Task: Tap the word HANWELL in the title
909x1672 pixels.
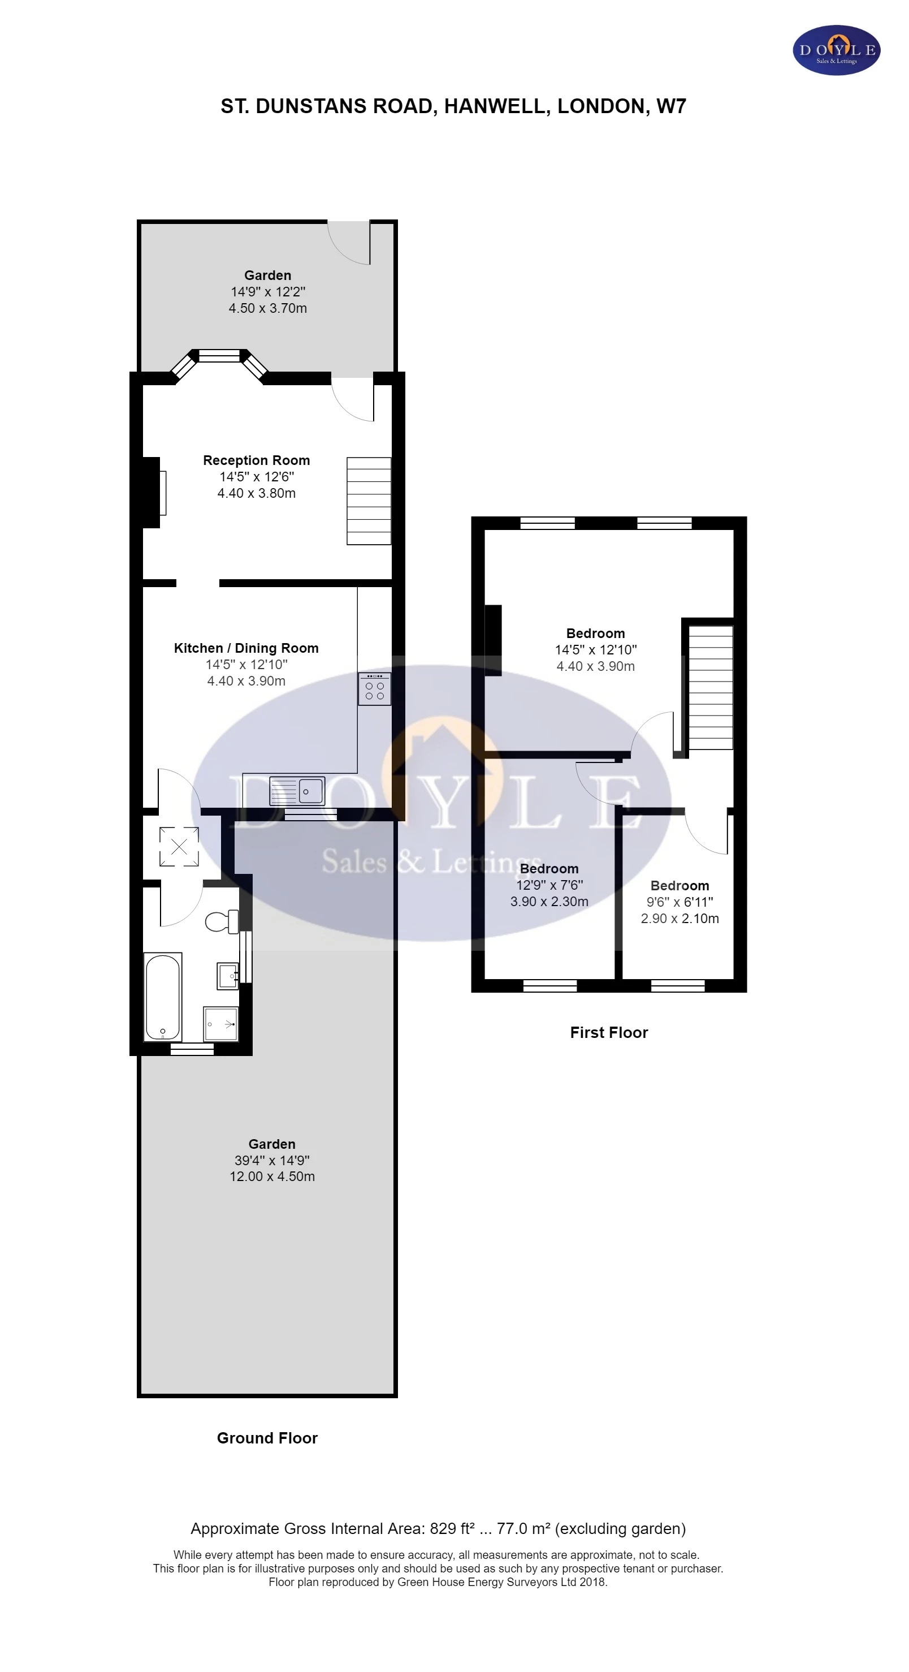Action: (497, 106)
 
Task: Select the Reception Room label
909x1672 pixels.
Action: (256, 460)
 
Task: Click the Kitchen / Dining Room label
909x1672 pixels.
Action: (246, 648)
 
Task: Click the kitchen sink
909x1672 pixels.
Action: (297, 791)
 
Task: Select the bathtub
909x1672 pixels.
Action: (163, 996)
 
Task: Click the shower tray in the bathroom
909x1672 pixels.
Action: (220, 1024)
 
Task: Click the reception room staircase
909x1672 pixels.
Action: (369, 501)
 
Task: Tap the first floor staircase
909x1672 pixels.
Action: (711, 687)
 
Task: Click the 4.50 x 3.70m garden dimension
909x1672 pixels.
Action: (267, 308)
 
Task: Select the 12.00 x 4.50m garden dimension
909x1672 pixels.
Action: (272, 1176)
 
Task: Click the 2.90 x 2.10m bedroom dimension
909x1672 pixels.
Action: (679, 919)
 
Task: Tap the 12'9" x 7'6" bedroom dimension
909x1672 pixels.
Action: (549, 885)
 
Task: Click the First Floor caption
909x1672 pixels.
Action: (609, 1032)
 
